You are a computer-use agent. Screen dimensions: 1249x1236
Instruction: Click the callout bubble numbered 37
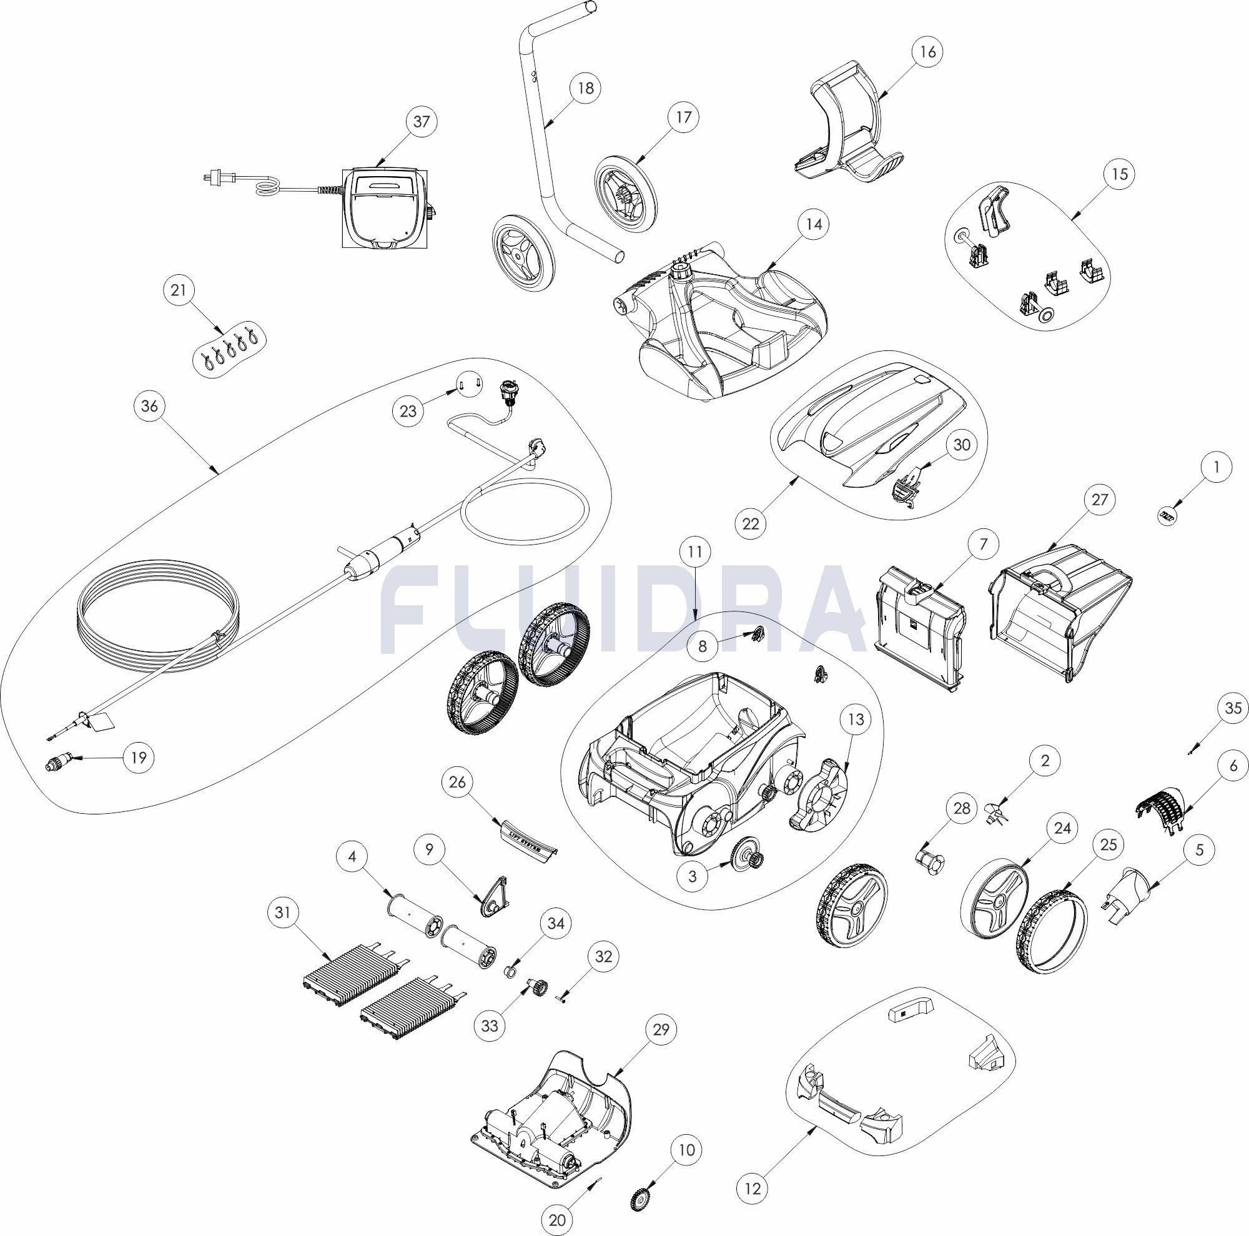tap(422, 122)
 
